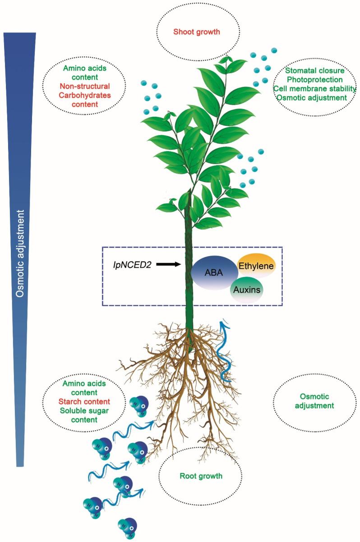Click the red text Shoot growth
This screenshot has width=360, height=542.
(x=199, y=32)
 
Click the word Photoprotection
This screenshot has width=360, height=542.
(x=315, y=79)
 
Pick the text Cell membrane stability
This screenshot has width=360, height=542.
(x=315, y=88)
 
